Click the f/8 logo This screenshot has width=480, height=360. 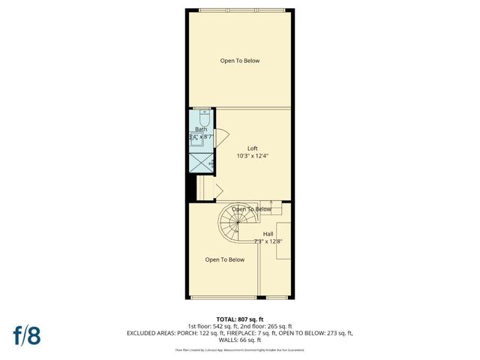[x=25, y=334]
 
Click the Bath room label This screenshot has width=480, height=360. [x=201, y=130]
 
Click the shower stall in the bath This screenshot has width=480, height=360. [x=201, y=163]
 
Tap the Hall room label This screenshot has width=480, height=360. [x=268, y=233]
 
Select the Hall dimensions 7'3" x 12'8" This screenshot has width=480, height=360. [x=268, y=241]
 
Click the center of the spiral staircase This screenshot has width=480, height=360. [x=235, y=223]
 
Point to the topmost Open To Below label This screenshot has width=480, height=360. [x=240, y=61]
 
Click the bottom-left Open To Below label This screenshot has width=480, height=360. [x=225, y=260]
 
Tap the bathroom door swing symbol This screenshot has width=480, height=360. [x=220, y=138]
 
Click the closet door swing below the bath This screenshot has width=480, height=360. [x=218, y=189]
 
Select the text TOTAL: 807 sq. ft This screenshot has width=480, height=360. [x=240, y=319]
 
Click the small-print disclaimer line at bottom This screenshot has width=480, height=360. [x=240, y=349]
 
